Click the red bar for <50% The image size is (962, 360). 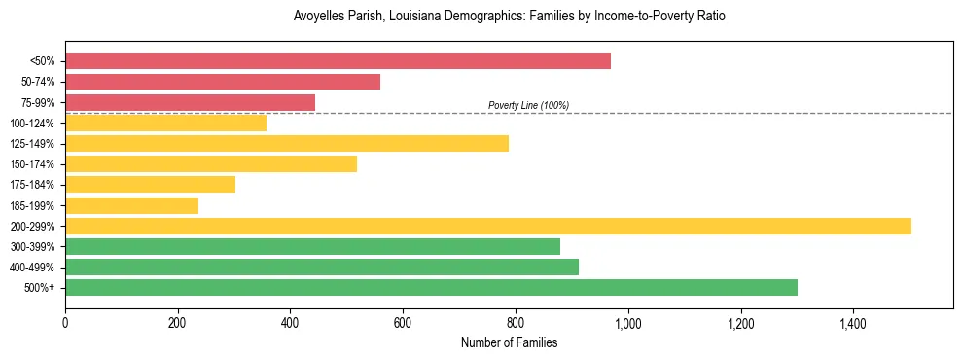tap(338, 60)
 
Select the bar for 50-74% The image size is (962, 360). tap(223, 81)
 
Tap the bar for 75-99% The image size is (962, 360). tap(190, 102)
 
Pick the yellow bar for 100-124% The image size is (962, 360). tap(165, 123)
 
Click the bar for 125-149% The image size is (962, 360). tap(287, 144)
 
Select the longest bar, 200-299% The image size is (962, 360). tap(488, 226)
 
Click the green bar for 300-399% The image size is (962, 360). tap(312, 246)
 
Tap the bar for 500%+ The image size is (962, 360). tap(431, 287)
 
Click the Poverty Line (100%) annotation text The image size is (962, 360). tap(528, 105)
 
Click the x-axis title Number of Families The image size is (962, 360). tap(509, 342)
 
